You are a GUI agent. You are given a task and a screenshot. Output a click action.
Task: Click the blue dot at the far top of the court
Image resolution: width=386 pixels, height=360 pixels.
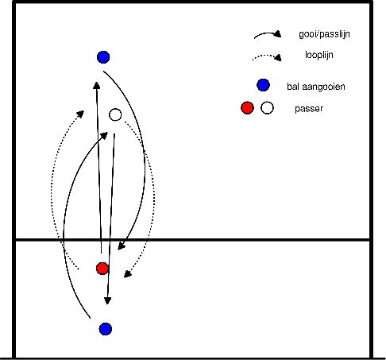point(102,56)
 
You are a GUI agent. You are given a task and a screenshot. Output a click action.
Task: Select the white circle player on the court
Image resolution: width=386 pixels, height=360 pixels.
point(115,114)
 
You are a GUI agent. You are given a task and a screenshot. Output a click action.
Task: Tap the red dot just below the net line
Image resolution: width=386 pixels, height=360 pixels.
point(102,268)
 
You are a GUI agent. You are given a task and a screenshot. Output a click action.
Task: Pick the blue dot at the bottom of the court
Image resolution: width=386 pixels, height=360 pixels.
point(105,328)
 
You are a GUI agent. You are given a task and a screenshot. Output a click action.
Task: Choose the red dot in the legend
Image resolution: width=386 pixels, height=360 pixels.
point(247,108)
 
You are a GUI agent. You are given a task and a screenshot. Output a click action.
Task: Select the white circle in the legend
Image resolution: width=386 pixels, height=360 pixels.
point(267,108)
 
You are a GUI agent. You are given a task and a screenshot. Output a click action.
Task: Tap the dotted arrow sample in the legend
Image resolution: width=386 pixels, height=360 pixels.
point(267,57)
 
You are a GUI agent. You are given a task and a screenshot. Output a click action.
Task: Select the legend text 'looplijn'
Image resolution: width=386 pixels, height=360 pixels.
point(320,56)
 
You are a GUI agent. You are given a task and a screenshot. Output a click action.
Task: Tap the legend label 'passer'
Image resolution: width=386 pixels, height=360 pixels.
point(307,108)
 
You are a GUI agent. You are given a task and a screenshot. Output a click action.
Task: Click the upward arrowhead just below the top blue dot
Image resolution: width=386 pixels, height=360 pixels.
point(96,84)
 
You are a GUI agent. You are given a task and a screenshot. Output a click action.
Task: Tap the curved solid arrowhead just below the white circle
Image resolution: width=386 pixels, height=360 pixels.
point(103,137)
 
